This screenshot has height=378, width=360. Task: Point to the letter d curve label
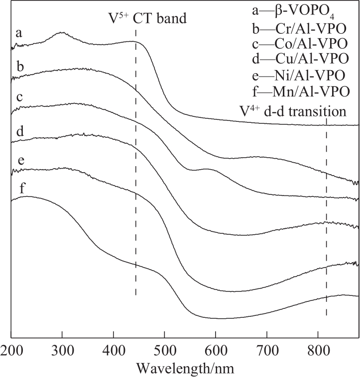[x=19, y=132]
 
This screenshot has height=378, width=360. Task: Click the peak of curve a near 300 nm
[x=62, y=33]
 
